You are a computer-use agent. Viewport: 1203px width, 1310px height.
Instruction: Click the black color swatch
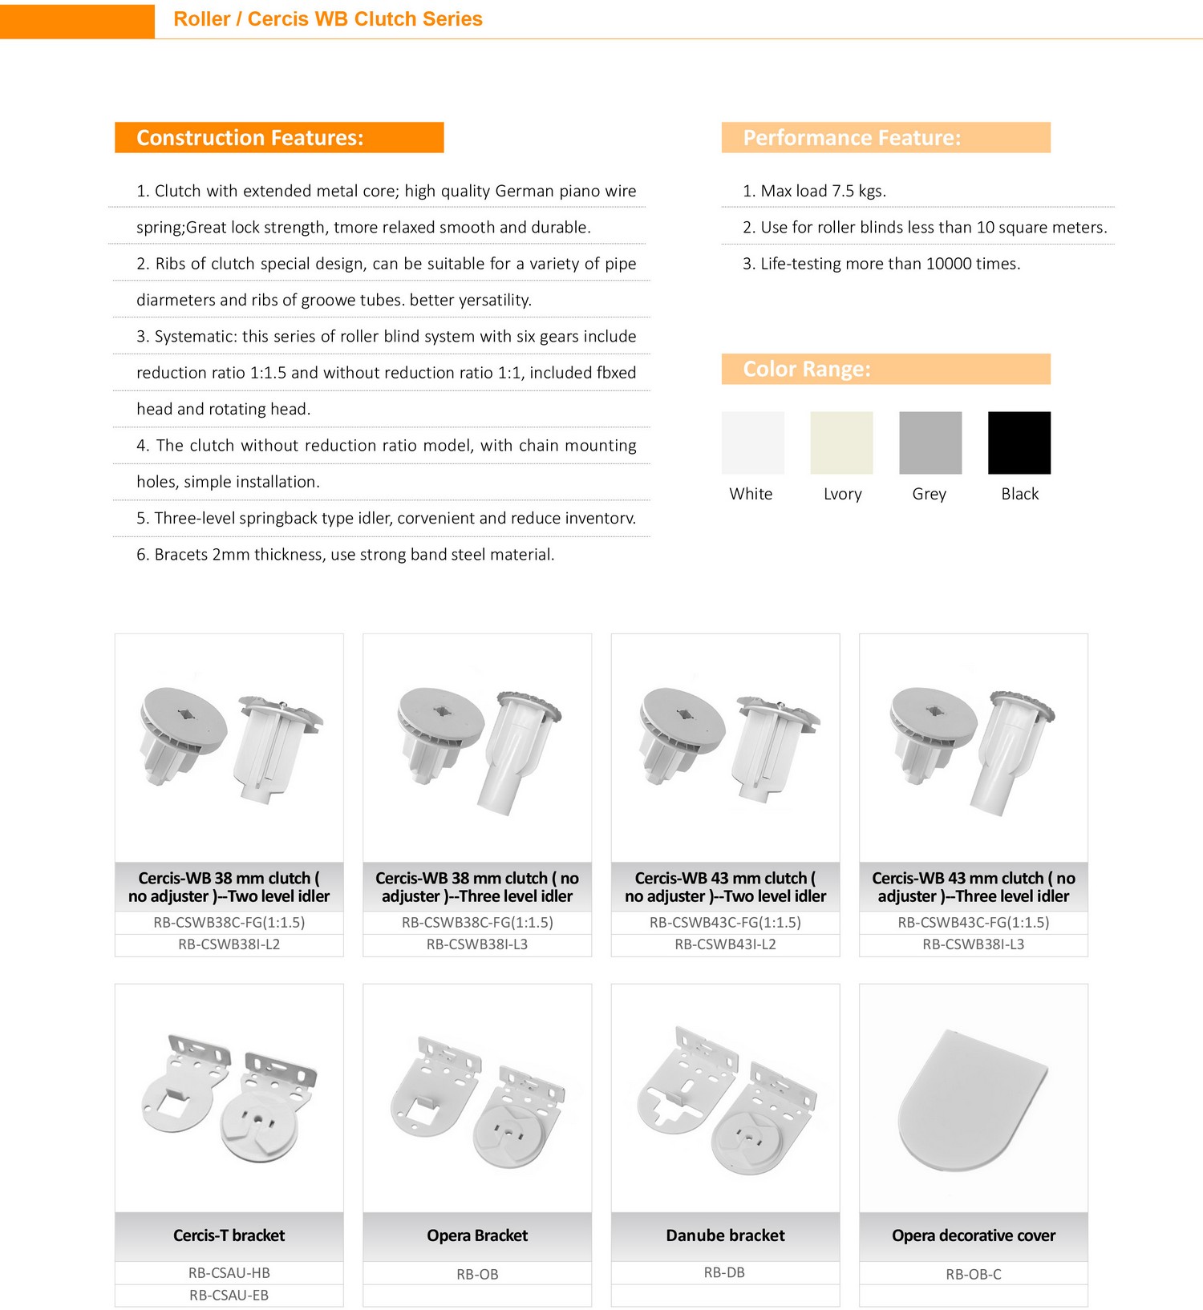tap(1019, 443)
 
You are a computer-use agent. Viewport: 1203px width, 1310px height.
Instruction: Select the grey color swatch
tap(930, 443)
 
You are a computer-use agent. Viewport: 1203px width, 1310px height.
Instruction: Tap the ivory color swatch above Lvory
tap(841, 443)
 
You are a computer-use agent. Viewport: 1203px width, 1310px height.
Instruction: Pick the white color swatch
tap(752, 443)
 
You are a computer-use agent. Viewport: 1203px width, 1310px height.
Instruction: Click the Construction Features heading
tap(250, 138)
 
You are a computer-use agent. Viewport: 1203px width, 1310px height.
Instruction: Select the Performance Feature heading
tap(852, 138)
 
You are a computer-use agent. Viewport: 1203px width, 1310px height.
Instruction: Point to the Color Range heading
tap(807, 369)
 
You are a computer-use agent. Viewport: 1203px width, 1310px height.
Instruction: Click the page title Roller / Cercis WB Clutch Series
tap(328, 19)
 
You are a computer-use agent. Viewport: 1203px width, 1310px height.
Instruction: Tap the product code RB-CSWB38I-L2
tap(229, 944)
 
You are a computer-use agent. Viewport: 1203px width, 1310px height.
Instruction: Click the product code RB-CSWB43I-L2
tap(725, 944)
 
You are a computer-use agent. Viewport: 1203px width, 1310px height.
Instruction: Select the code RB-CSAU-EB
tap(229, 1295)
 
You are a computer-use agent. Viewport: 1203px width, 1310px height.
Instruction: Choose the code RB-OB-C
tap(973, 1274)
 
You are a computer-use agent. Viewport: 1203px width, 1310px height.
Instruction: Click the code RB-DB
tap(724, 1272)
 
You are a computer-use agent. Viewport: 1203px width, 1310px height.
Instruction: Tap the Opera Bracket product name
tap(477, 1235)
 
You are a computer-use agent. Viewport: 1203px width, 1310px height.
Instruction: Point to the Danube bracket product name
tap(725, 1235)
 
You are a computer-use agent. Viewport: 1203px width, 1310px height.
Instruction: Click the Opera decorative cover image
tap(973, 1098)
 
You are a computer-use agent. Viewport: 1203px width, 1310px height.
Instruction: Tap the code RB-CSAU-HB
tap(229, 1272)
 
